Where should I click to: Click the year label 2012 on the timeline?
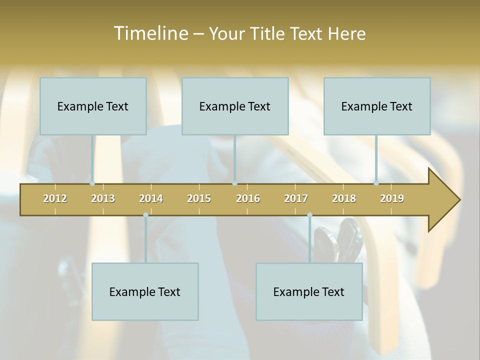(55, 198)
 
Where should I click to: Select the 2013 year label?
(103, 198)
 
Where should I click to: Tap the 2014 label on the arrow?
(151, 198)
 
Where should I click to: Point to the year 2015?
(199, 198)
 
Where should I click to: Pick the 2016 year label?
(248, 198)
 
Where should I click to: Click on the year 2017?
(296, 198)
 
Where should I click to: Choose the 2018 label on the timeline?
(344, 198)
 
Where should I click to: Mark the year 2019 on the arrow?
(392, 198)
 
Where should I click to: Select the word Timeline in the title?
(150, 33)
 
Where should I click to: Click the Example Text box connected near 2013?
(93, 106)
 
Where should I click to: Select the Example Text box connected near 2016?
(235, 106)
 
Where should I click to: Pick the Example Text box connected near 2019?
(377, 106)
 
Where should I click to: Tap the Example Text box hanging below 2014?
(145, 291)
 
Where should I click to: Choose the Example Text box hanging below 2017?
(309, 291)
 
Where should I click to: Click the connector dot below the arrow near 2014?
(145, 215)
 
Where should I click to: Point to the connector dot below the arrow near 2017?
(309, 215)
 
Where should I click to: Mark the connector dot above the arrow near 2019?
(376, 183)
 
